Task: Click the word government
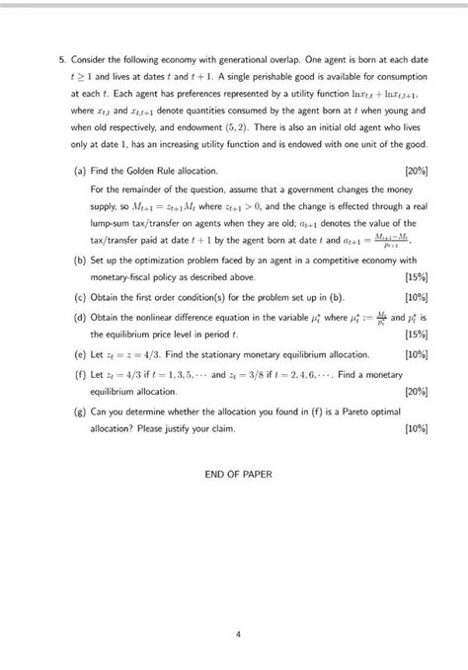334,188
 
